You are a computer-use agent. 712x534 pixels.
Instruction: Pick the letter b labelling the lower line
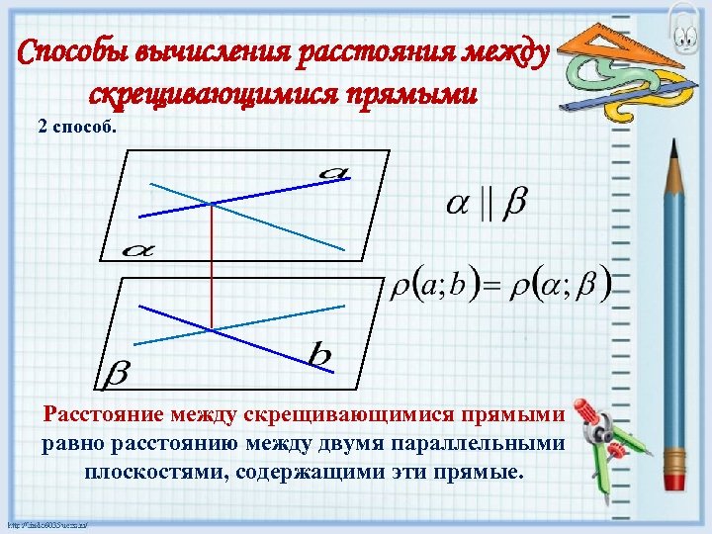coord(318,354)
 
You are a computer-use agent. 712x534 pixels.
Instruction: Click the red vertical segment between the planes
coord(212,267)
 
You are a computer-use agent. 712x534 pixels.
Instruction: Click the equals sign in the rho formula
coord(491,287)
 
